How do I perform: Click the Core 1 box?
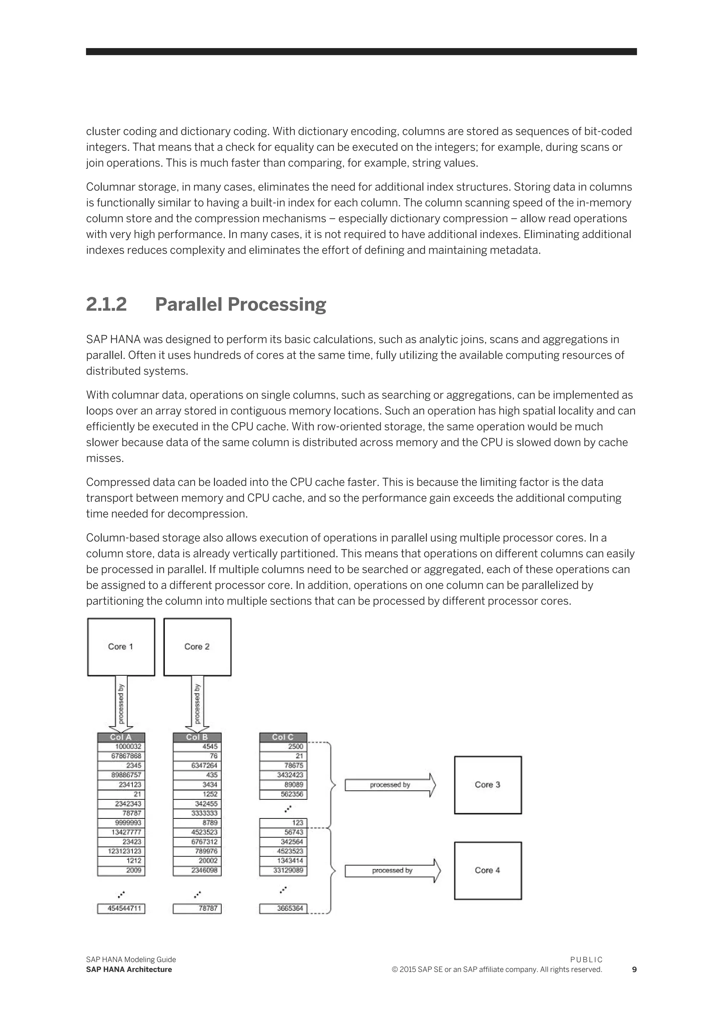[121, 646]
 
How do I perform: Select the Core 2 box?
[197, 646]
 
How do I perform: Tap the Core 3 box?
[488, 785]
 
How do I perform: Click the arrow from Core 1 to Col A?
[121, 704]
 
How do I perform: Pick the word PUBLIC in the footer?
[586, 960]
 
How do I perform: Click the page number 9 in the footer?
[634, 970]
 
